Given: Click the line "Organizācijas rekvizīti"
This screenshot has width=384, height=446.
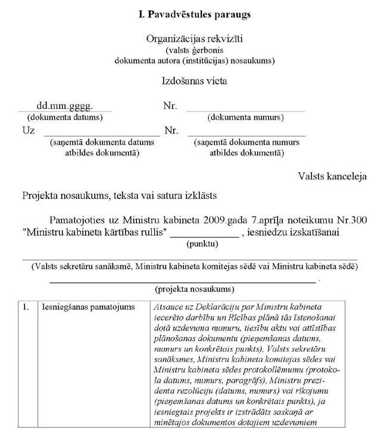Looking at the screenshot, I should [x=195, y=39].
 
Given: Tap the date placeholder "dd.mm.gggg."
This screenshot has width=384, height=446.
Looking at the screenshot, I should [x=65, y=107].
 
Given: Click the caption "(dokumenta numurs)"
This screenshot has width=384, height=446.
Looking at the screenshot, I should [x=245, y=117].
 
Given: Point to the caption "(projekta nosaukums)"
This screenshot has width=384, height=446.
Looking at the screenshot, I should [x=194, y=289].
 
